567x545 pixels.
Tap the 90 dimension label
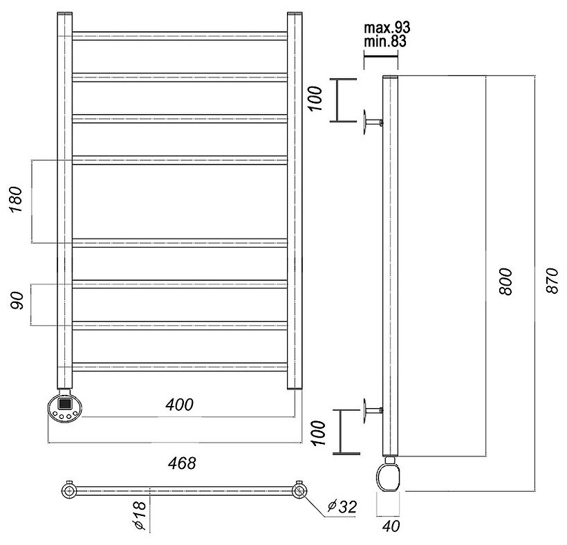[19, 302]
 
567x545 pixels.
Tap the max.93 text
[387, 28]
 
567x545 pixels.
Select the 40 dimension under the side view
[392, 526]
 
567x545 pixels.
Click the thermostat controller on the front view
[64, 408]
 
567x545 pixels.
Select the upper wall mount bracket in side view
[371, 124]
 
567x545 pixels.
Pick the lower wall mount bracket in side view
[371, 413]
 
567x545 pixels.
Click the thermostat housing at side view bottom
[389, 476]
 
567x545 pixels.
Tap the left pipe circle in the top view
[69, 491]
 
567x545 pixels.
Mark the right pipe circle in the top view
[299, 491]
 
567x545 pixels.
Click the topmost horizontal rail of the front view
[180, 36]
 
